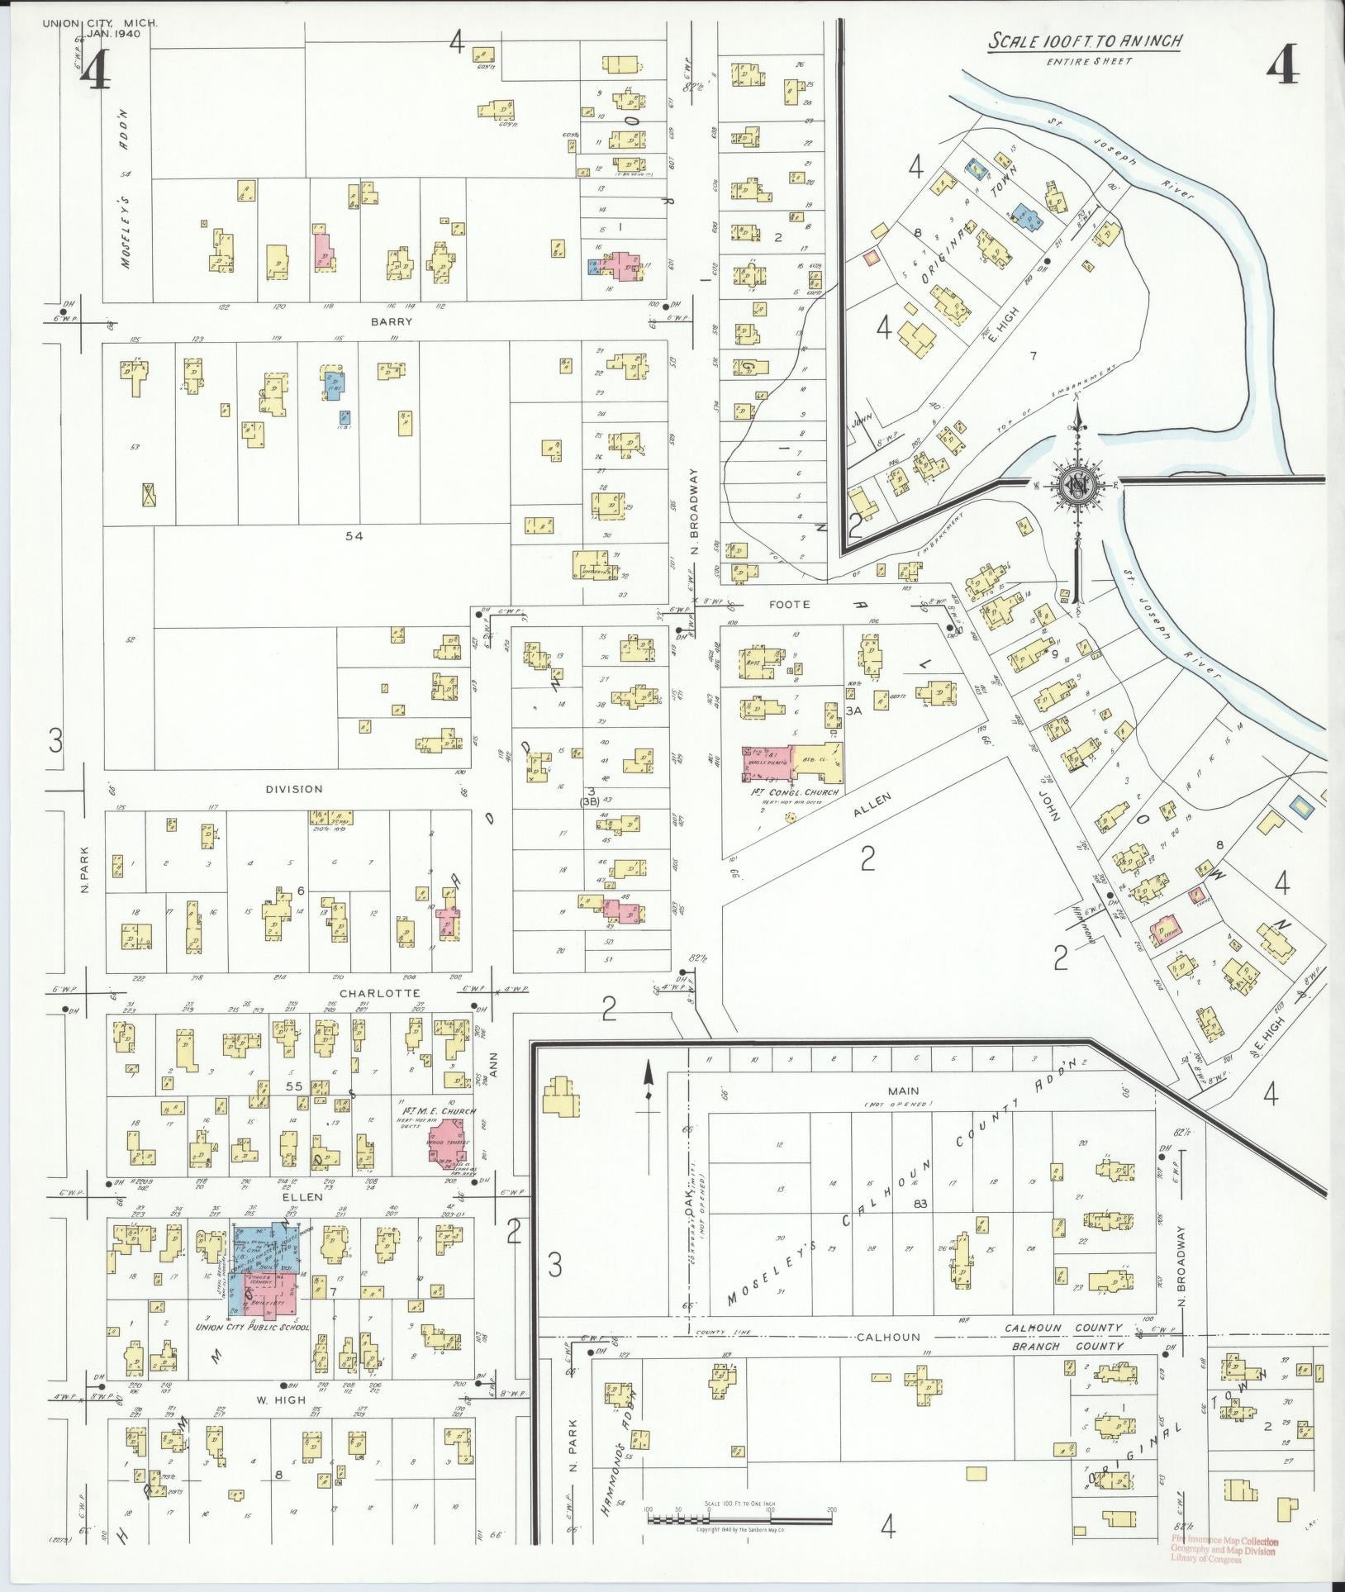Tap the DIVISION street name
tap(294, 789)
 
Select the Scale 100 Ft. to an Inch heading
tap(1085, 40)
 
